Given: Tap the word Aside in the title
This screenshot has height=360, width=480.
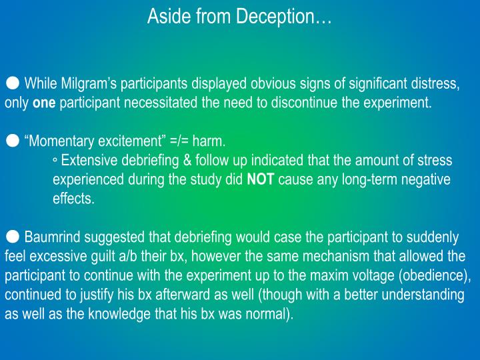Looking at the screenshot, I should (x=166, y=15).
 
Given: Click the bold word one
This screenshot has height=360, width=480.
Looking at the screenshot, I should (x=45, y=103).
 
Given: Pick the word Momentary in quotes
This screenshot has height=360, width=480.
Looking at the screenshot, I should (x=59, y=141).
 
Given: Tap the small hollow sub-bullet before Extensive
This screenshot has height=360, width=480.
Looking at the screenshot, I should (x=55, y=161).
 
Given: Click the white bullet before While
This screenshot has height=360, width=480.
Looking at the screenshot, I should (x=13, y=84).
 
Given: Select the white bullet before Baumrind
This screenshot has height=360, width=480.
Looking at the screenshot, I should (x=13, y=237).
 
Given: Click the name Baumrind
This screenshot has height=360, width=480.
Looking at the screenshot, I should (x=51, y=237).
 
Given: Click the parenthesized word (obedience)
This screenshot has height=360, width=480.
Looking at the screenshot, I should (x=429, y=276).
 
